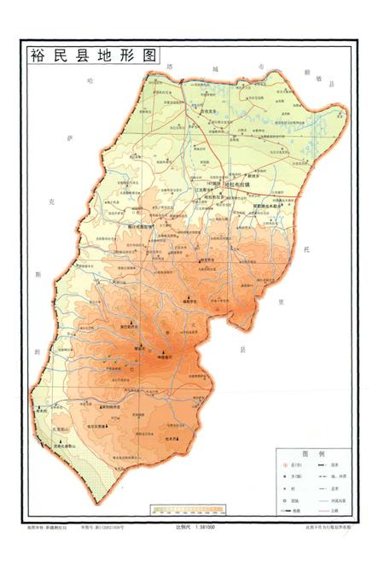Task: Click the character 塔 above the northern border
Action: coord(169,66)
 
